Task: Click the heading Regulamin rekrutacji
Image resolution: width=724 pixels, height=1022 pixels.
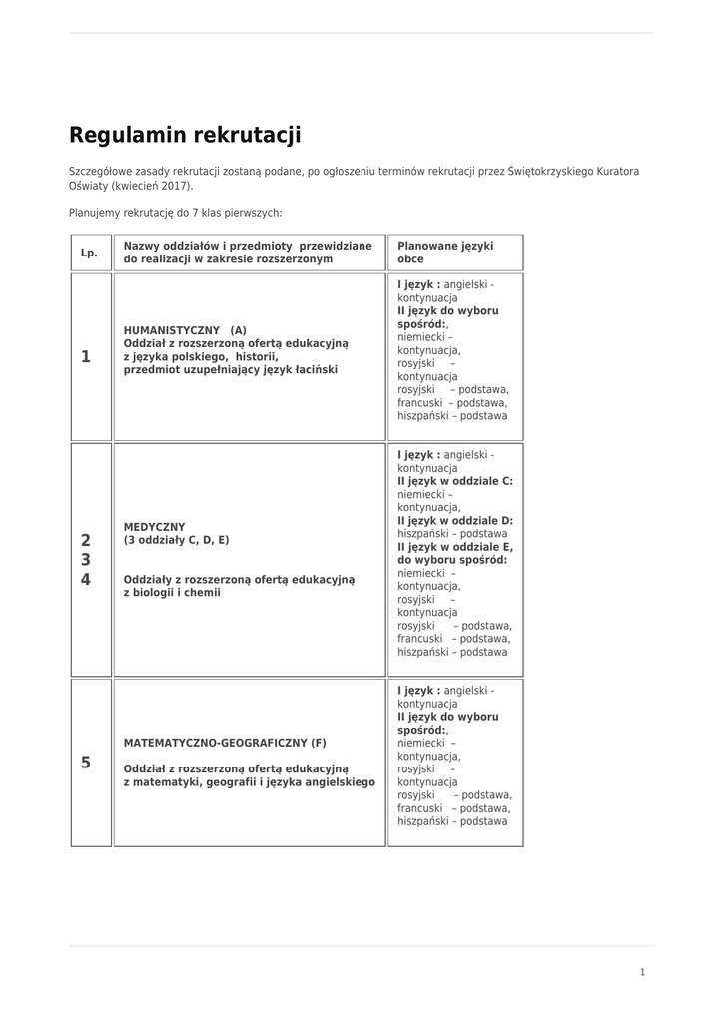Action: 185,135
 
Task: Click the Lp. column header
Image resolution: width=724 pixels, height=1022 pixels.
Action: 89,253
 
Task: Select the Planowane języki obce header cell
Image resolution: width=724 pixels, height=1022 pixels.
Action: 445,253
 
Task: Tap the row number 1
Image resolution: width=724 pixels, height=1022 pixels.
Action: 86,356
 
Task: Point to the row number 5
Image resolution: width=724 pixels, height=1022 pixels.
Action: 86,763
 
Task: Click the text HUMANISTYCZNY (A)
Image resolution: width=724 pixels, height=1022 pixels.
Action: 185,330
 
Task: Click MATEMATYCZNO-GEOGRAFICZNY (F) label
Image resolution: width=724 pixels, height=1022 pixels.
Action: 225,743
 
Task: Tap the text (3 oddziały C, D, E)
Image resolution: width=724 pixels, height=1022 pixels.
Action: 176,540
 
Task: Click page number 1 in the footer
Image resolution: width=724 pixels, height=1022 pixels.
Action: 643,972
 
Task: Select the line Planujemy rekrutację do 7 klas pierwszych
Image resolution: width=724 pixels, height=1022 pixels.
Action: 176,212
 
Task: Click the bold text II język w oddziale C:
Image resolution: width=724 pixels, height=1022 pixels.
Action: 455,481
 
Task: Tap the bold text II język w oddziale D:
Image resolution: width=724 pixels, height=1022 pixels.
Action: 455,520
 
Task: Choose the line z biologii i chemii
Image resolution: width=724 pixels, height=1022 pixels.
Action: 172,592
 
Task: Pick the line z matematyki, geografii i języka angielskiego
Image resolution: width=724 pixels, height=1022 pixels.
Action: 250,782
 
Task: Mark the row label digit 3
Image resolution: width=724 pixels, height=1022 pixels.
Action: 86,559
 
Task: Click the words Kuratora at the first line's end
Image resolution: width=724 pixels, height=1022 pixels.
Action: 619,172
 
